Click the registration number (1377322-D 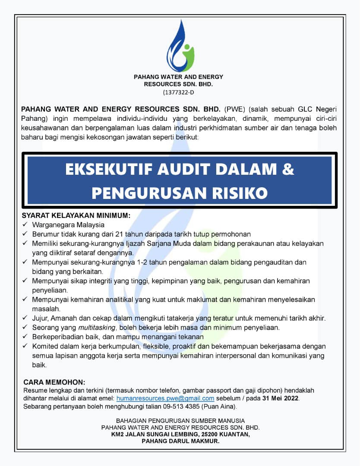tap(179, 92)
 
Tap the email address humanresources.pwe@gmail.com tap(165, 398)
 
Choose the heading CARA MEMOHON tap(54, 382)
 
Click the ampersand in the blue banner tap(288, 170)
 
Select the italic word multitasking tap(97, 327)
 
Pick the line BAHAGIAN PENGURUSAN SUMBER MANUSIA tap(180, 421)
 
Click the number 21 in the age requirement tap(120, 234)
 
